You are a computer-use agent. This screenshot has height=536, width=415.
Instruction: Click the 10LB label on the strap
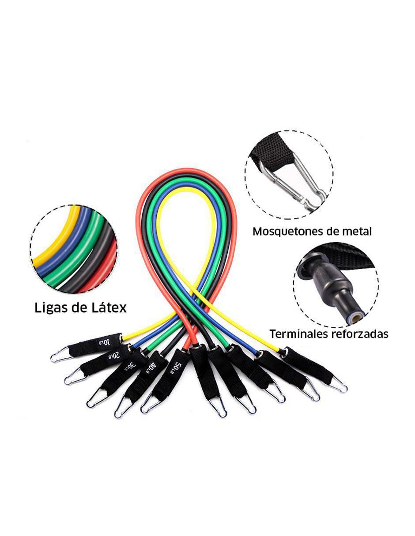click(104, 343)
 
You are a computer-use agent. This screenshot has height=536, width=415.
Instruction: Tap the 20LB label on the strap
click(114, 356)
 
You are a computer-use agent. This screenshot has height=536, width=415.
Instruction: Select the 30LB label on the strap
click(131, 366)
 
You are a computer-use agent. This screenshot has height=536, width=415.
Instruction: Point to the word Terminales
click(298, 334)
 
